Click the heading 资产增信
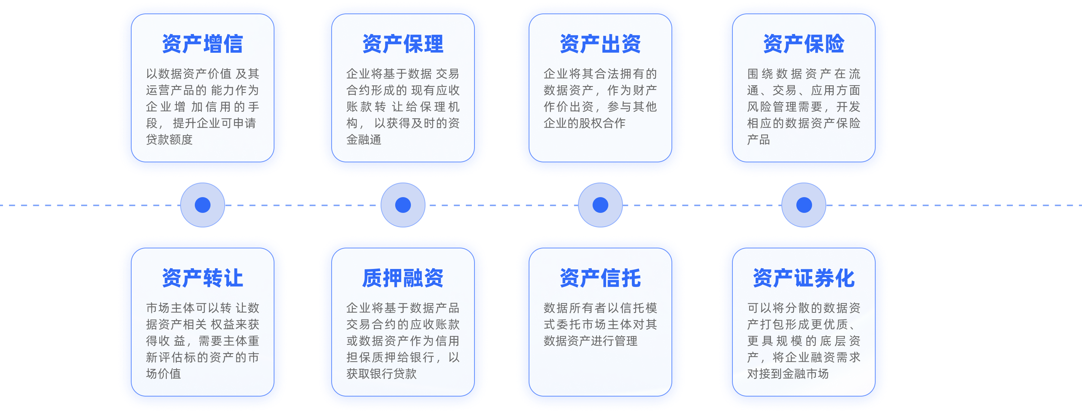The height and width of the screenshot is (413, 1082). coord(203,44)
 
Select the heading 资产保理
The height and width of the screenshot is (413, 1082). coord(403,44)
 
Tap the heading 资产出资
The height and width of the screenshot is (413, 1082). coord(600,44)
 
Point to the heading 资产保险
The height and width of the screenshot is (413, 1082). coord(803,44)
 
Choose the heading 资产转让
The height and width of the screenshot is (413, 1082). coord(203,278)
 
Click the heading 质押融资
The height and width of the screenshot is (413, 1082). coord(403,278)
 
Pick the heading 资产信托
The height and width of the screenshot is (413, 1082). coord(600,278)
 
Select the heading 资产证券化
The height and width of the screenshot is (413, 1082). coord(803,278)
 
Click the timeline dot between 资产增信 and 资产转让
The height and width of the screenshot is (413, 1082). coord(203,205)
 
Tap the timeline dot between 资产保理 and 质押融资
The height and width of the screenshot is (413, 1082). coord(403,205)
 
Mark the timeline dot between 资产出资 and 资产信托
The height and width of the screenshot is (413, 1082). coord(600,205)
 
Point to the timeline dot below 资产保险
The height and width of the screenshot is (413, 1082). coord(804,205)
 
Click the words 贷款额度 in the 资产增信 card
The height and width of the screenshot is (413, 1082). coord(169,140)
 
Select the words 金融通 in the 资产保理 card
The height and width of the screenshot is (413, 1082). coord(364,140)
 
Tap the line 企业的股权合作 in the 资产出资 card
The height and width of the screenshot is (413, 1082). coord(585,123)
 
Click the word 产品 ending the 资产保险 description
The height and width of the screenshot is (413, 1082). coord(759,140)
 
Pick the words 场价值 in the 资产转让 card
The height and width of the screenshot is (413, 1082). coord(163,373)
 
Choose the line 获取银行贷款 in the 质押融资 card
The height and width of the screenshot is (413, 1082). coord(381,373)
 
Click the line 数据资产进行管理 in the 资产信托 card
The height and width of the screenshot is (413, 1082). coord(591,341)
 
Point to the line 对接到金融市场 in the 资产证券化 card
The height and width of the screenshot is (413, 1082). coord(788,373)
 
